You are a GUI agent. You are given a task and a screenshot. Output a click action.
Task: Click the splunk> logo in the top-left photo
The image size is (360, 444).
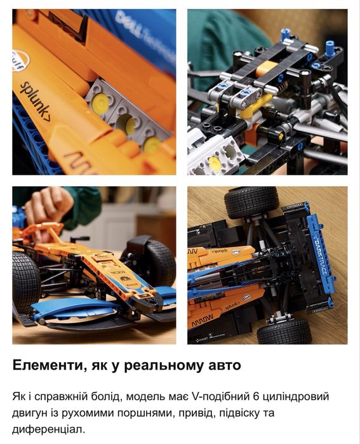click(x=36, y=100)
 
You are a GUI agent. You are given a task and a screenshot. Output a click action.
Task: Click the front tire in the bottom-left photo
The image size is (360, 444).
click(x=26, y=282)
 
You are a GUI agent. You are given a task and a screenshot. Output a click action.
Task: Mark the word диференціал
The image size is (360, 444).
click(x=46, y=430)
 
